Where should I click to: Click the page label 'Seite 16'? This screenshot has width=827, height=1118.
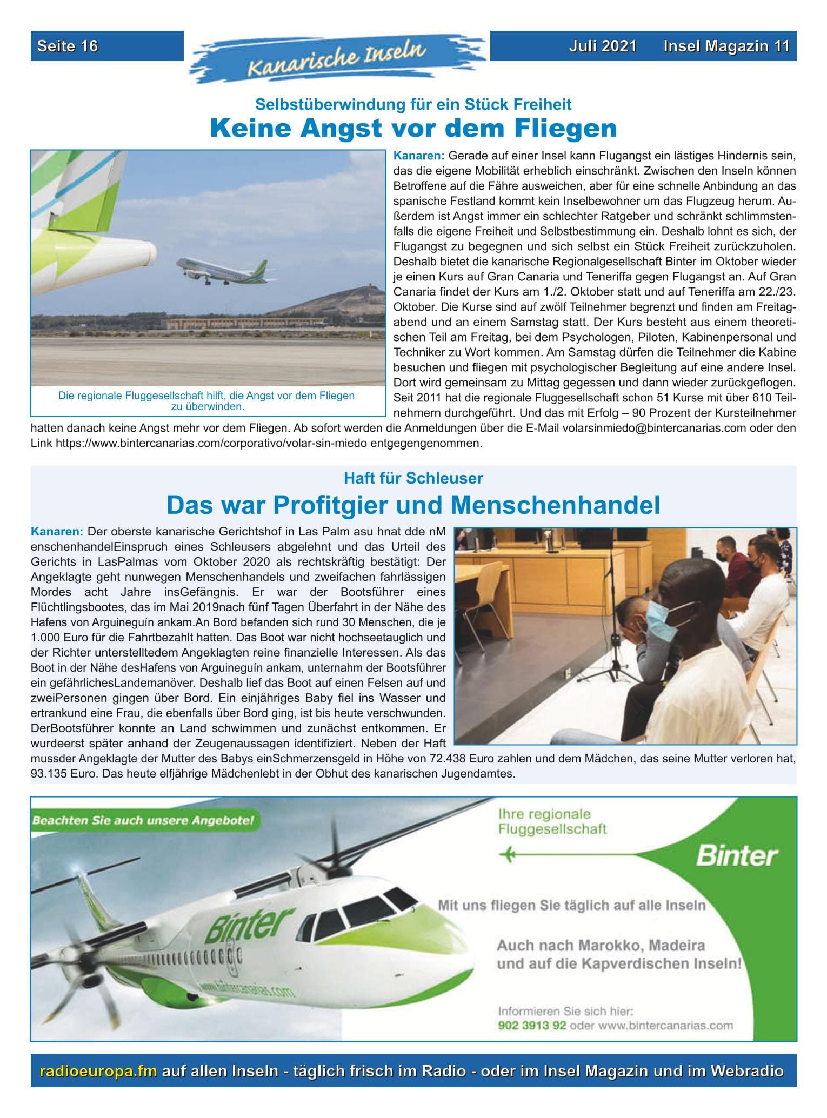coord(68,46)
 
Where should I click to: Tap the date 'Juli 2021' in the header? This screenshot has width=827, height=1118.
coord(602,46)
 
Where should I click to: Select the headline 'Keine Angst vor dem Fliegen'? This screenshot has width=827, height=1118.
coord(413,129)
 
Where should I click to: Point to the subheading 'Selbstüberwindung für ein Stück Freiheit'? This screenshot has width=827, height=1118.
coord(413,104)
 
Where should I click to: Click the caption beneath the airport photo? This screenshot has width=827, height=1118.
coord(206,400)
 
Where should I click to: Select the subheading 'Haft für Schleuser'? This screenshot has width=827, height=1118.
coord(413,478)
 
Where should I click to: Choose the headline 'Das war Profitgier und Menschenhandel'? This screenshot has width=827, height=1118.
coord(413,505)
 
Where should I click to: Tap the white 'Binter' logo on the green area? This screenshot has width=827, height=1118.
coord(737,856)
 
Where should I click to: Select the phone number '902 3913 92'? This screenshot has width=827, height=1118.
coord(531,1026)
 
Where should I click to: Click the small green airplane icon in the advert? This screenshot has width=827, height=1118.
coord(509,855)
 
